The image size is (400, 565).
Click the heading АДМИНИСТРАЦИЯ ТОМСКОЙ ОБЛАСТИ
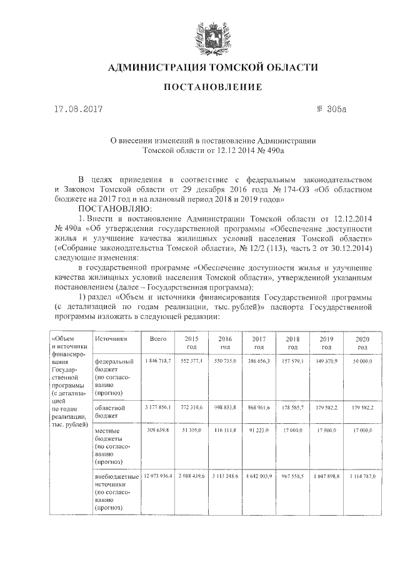(x=212, y=67)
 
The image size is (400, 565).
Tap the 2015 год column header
(x=191, y=341)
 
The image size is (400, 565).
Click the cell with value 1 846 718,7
(x=157, y=361)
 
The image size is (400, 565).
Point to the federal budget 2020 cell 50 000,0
(x=362, y=361)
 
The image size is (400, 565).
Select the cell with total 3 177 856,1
(x=157, y=406)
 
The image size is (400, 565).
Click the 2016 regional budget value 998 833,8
(x=226, y=406)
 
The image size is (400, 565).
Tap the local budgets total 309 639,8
(x=159, y=431)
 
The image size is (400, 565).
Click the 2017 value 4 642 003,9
(x=260, y=476)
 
